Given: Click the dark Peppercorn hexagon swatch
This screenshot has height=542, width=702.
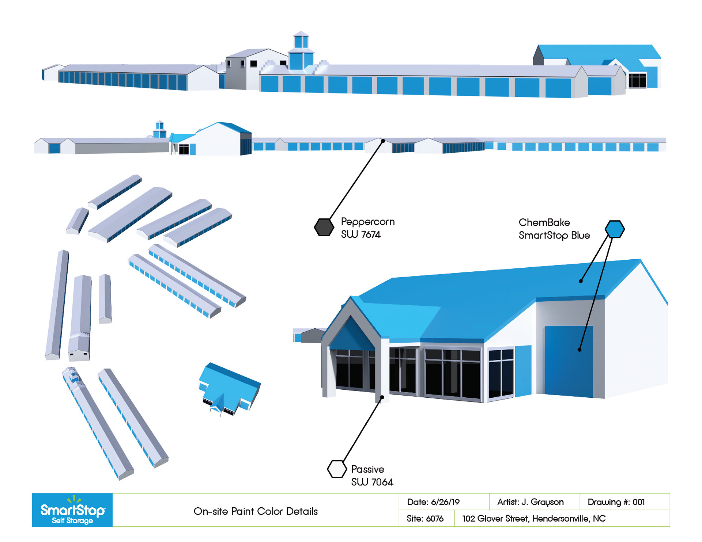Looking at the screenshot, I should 324,227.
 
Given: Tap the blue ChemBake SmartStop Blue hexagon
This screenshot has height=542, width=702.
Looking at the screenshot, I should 615,229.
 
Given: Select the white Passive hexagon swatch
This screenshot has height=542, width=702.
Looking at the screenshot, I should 336,469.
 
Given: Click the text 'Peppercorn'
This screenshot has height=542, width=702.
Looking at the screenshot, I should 367,222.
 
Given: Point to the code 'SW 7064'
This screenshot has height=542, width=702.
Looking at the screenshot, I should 372,482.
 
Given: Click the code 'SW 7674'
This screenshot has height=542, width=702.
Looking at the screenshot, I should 361,234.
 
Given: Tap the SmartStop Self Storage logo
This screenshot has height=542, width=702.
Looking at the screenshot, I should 72,510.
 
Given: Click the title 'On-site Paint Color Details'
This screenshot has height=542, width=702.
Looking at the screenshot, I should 256,511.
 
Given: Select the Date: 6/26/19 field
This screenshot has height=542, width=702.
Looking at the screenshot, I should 433,502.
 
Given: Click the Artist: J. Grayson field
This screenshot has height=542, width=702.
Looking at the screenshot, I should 531,502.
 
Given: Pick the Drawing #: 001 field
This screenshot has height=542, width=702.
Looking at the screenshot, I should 616,502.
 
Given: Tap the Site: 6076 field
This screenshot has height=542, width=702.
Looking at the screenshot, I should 425,519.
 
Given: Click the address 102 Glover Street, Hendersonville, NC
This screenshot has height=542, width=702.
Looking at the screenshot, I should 534,519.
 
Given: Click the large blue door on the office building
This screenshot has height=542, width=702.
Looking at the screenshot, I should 569,362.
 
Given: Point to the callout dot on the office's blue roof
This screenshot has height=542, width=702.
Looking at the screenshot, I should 581,281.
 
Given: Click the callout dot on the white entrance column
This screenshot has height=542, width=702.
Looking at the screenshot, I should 382,397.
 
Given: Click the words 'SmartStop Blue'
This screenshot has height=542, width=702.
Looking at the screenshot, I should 554,236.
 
